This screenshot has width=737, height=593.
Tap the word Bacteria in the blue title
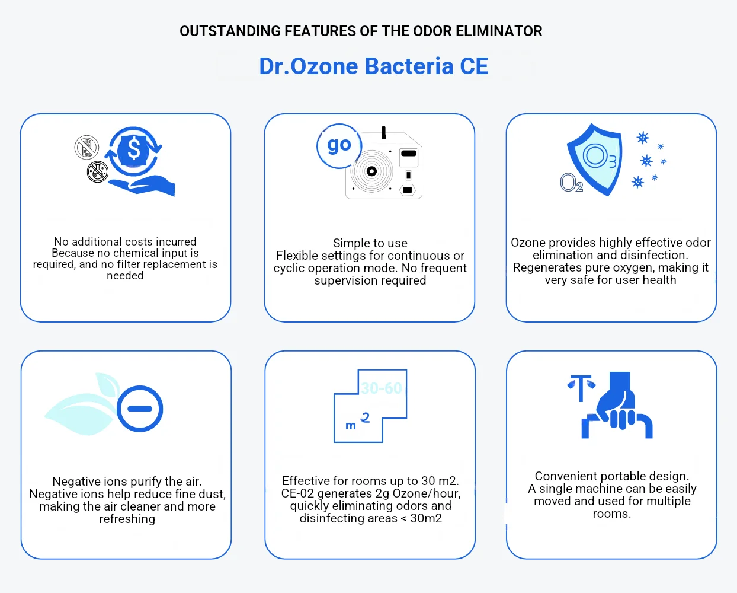coord(409,66)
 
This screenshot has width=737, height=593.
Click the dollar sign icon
coord(134,149)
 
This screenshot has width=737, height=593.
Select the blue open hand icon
coord(142,186)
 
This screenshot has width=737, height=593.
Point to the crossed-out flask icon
coord(98,172)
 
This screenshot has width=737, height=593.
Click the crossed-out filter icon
coord(86,148)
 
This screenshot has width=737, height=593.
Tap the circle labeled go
coord(339,146)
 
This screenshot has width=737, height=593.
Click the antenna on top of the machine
coord(383,132)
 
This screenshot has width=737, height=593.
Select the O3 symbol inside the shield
coord(600,157)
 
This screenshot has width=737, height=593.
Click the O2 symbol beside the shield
coord(571,183)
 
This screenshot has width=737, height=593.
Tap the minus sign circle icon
coord(140,409)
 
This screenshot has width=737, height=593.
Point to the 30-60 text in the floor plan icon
coord(382,388)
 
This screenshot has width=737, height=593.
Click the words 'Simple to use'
coord(370,243)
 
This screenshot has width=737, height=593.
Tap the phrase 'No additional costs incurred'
coord(125,242)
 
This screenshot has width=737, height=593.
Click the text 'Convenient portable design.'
coord(612,476)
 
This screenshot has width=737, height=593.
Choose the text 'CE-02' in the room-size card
coord(297,493)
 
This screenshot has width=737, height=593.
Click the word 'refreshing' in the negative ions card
coord(127,519)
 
